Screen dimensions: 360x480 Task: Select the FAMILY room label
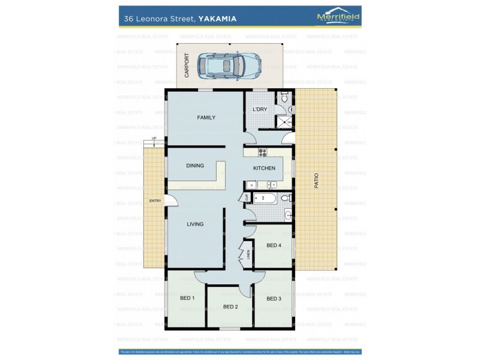[x=206, y=118]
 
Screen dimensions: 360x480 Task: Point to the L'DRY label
[x=259, y=109]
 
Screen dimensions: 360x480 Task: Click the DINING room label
[x=195, y=166]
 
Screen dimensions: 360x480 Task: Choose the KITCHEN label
[x=264, y=168]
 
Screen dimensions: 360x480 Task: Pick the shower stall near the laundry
[x=283, y=122]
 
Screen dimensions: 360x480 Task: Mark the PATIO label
[x=316, y=181]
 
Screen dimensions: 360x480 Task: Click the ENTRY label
[x=155, y=200]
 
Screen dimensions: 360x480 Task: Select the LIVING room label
[x=195, y=224]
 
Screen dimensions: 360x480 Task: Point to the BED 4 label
[x=274, y=245]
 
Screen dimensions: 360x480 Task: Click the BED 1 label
[x=187, y=298]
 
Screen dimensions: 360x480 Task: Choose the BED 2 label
[x=230, y=307]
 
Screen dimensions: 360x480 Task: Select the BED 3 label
[x=274, y=298]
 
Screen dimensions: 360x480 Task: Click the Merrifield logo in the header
[x=338, y=17]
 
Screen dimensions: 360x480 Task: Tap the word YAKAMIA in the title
[x=217, y=19]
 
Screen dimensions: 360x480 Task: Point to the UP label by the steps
[x=154, y=139]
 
